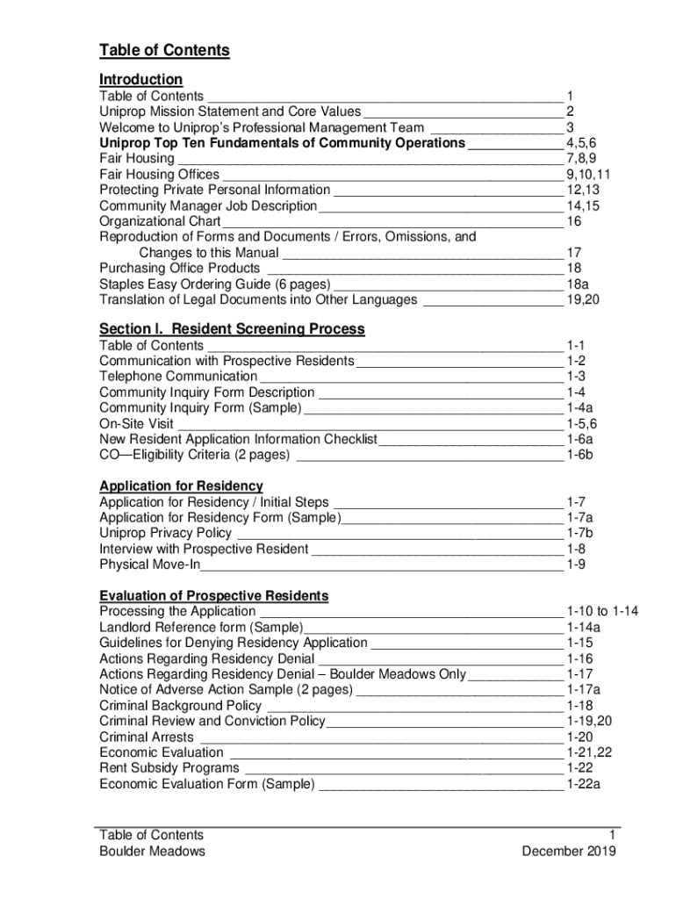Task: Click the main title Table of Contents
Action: pyautogui.click(x=164, y=50)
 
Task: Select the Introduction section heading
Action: pyautogui.click(x=140, y=79)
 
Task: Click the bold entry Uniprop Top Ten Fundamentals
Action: pyautogui.click(x=282, y=143)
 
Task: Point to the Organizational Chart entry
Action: pyautogui.click(x=160, y=221)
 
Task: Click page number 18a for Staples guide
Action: pyautogui.click(x=577, y=284)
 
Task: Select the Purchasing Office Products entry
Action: pyautogui.click(x=180, y=268)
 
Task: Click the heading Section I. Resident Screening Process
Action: pyautogui.click(x=232, y=329)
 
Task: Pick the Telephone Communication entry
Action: pyautogui.click(x=178, y=377)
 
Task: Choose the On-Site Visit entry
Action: pyautogui.click(x=137, y=424)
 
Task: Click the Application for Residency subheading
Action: pyautogui.click(x=181, y=485)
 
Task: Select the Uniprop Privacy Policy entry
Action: pyautogui.click(x=165, y=533)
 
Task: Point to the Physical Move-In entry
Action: pyautogui.click(x=149, y=565)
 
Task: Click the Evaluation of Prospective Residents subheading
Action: pyautogui.click(x=213, y=595)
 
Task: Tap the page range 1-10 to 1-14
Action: pyautogui.click(x=602, y=611)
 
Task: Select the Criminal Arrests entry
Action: pyautogui.click(x=147, y=737)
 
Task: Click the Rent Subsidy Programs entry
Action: pyautogui.click(x=169, y=768)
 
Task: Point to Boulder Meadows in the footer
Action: pyautogui.click(x=152, y=852)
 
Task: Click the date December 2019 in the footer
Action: pyautogui.click(x=568, y=852)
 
